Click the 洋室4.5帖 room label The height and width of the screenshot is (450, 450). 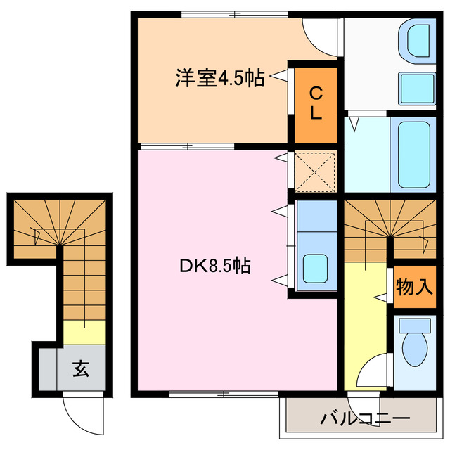click(x=219, y=78)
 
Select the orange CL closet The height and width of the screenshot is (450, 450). click(x=315, y=103)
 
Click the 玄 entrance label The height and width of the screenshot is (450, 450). click(x=81, y=368)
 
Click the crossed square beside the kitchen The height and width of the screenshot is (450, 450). click(x=314, y=171)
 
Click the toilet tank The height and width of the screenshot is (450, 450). click(x=414, y=326)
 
